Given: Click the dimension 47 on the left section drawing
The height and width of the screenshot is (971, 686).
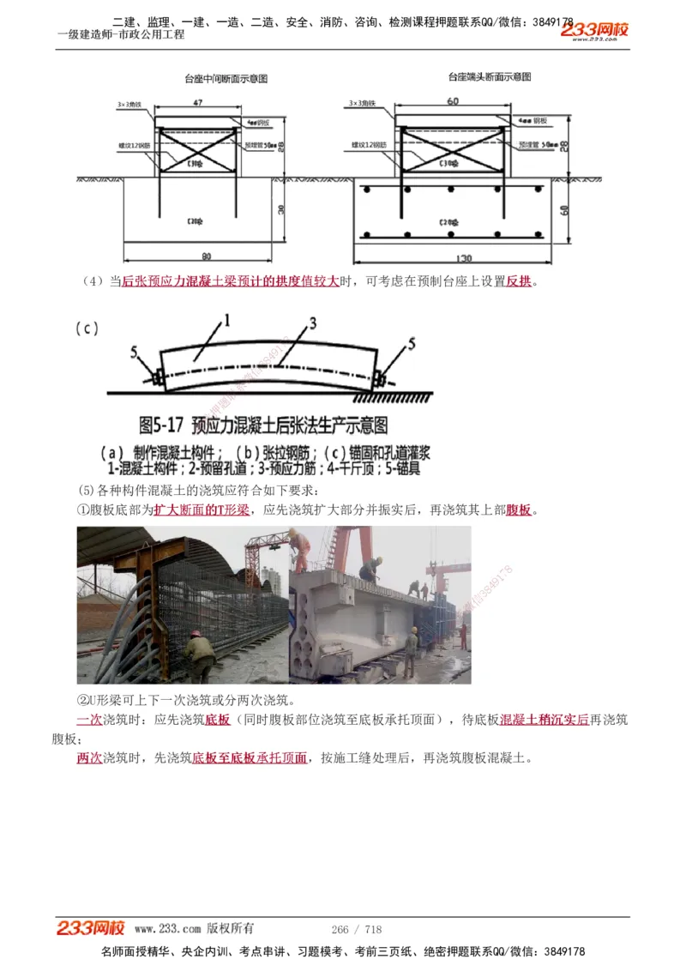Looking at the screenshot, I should (198, 103).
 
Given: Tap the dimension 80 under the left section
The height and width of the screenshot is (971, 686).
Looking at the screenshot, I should (206, 256).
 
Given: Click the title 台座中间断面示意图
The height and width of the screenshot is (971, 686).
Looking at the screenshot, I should (226, 79).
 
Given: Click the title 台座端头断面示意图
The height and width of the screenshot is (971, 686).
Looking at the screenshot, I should (490, 77).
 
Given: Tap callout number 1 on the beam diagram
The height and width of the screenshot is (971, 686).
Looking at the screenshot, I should (228, 322).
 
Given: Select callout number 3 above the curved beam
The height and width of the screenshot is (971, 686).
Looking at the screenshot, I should (313, 323).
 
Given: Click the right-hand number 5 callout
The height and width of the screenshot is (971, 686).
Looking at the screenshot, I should (412, 344).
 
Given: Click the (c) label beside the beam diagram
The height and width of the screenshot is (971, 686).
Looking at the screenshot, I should (87, 328).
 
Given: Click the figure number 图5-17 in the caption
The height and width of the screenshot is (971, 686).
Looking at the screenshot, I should (163, 425).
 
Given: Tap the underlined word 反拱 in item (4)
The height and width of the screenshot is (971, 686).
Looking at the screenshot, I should (519, 281).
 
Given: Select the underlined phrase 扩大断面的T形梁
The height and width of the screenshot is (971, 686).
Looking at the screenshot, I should (202, 510).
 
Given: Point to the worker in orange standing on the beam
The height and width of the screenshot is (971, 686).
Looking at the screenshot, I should (300, 550).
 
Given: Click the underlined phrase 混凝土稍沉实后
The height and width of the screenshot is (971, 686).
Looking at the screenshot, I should (545, 720).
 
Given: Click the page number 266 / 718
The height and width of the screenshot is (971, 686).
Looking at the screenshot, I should (356, 929).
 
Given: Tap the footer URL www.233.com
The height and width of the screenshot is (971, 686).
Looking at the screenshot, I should (167, 929).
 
